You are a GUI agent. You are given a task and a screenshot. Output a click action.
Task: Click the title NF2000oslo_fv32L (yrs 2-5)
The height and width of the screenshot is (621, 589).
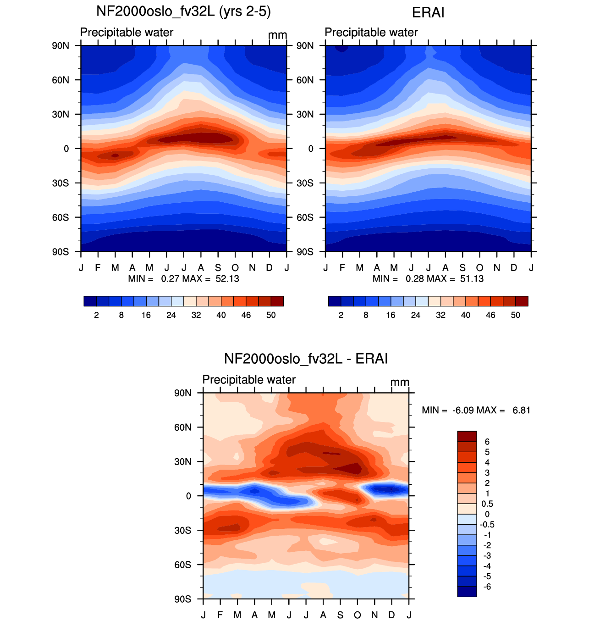pos(183,11)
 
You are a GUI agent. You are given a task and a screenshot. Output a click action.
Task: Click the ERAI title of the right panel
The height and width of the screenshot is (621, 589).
pos(428,13)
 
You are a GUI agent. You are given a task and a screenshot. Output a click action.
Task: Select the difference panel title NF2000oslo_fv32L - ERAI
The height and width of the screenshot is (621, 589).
pos(305,359)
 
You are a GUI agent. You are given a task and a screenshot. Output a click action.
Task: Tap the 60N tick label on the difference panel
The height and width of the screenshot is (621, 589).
pos(183,427)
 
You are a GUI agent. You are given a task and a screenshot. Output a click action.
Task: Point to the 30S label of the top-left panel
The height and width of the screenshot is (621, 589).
pos(61,183)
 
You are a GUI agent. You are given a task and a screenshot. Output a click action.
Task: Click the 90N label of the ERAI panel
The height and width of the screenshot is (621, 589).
pos(305,46)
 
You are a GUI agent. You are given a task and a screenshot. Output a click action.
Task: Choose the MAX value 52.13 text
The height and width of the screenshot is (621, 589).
pos(227,278)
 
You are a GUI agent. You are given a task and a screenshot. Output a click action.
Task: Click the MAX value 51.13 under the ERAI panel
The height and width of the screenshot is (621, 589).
pos(472,278)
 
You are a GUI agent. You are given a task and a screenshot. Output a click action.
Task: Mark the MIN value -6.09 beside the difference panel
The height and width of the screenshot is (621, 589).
pos(463,410)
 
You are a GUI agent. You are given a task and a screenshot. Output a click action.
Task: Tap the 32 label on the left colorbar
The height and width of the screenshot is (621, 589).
pos(196,315)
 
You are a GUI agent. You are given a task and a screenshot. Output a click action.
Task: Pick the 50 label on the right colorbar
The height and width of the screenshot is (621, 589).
pos(515,315)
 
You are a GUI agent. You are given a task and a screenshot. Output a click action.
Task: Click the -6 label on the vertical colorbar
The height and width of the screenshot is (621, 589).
pos(487,587)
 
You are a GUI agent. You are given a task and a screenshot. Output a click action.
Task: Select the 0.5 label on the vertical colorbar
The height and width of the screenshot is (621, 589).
pos(487,504)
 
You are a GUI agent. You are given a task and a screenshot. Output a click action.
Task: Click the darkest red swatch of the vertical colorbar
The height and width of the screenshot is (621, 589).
pos(467,436)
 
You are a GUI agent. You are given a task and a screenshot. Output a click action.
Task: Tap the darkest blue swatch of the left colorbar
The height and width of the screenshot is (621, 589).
pos(90,301)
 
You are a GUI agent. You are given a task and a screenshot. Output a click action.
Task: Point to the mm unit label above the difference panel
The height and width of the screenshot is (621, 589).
pos(400,382)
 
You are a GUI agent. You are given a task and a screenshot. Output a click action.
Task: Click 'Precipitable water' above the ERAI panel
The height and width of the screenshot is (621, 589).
pos(371,32)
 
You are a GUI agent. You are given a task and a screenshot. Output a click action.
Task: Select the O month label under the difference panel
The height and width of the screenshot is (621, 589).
pos(357,615)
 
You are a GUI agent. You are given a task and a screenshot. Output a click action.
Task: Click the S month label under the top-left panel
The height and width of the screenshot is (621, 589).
pos(218,267)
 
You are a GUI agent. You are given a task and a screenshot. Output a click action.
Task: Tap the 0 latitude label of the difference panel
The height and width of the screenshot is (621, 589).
pos(188,496)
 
